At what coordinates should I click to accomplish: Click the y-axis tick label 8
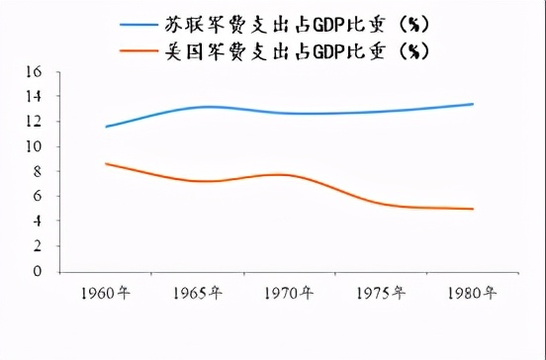(37, 171)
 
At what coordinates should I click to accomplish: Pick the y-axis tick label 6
(37, 196)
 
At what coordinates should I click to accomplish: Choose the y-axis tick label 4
(37, 221)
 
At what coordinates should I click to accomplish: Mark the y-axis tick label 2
(37, 245)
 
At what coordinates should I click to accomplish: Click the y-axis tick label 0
(37, 270)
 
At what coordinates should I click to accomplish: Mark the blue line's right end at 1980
(473, 104)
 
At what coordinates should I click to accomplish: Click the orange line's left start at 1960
(105, 164)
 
